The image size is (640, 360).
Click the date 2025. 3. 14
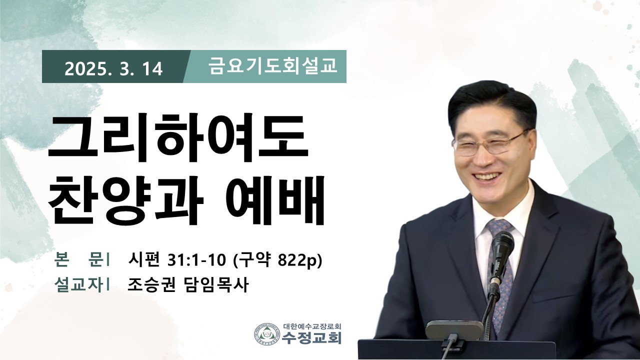click(113, 69)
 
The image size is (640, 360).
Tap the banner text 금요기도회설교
click(273, 65)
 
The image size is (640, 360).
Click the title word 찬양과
click(125, 199)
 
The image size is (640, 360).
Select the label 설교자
click(78, 285)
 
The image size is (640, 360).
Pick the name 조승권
click(151, 285)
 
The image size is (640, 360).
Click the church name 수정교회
click(311, 337)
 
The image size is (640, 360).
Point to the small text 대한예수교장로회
click(312, 326)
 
